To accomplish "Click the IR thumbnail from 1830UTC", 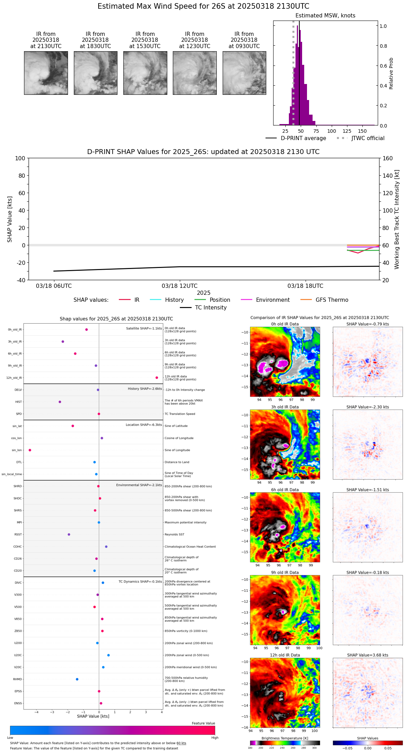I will click(x=95, y=73).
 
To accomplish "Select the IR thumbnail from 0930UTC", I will click(x=244, y=73).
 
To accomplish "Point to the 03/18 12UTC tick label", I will click(x=179, y=286).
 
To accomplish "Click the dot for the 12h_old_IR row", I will click(x=157, y=378).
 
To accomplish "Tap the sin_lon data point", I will click(x=30, y=450).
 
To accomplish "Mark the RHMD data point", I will click(x=77, y=679).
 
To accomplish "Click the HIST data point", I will click(x=60, y=402).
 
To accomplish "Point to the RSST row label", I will click(x=18, y=535).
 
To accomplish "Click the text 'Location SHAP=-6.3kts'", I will click(x=144, y=425).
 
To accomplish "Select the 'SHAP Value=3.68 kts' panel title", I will click(x=368, y=655).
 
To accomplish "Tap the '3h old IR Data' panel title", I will click(x=285, y=407).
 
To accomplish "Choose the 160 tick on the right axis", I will click(x=387, y=158).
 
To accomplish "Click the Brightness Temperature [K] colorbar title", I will click(x=285, y=738).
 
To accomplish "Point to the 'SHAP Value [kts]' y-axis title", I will click(x=10, y=219).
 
